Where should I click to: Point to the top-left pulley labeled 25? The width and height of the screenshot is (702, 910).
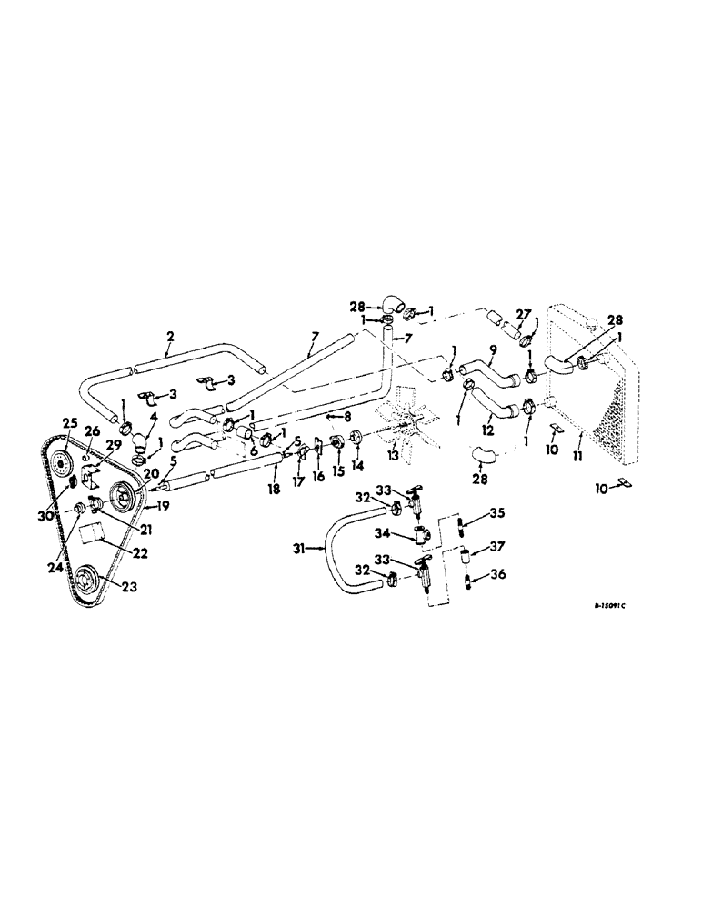coord(63,461)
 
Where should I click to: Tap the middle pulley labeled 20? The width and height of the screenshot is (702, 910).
coord(120,495)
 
